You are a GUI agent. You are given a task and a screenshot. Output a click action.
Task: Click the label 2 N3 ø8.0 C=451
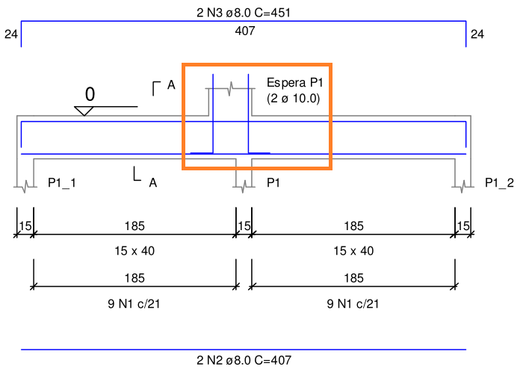click(244, 13)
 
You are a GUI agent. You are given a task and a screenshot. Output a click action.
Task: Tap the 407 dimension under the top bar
click(245, 31)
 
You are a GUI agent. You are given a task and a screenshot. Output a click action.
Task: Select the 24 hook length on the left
click(11, 34)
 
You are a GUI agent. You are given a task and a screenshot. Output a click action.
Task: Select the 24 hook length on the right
click(477, 34)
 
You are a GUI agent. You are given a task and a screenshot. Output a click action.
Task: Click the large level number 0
click(90, 94)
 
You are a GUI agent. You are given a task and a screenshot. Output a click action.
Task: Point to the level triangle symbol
click(84, 111)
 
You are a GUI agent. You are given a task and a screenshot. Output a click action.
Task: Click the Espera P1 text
click(294, 83)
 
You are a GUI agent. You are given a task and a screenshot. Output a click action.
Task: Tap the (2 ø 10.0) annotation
click(293, 99)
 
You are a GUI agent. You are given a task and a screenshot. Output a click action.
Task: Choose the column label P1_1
click(62, 183)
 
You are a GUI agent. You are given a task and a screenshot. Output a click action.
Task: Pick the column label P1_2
click(499, 183)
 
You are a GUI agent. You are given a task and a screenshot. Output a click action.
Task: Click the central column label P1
click(273, 183)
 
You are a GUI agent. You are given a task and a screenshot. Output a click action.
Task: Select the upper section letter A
click(171, 84)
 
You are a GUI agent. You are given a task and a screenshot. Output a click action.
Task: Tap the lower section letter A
click(153, 183)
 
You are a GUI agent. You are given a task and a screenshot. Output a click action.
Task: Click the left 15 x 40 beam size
click(134, 251)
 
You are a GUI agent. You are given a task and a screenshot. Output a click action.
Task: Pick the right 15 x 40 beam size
click(353, 251)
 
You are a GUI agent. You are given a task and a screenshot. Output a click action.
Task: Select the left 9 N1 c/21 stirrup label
click(134, 303)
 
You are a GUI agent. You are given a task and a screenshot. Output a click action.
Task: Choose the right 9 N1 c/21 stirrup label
click(353, 303)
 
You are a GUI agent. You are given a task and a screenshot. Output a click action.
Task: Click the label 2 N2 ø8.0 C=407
click(244, 360)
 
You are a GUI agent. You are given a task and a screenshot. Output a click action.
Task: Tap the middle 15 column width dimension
click(244, 226)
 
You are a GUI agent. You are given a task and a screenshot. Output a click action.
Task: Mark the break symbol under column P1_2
click(463, 187)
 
